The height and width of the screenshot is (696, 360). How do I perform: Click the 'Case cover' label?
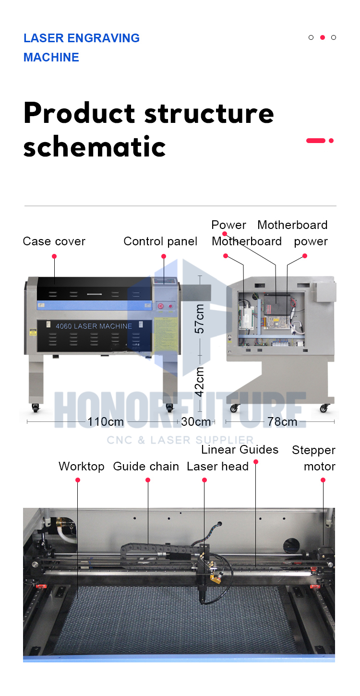(54, 241)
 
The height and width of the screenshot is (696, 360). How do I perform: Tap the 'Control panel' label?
(160, 241)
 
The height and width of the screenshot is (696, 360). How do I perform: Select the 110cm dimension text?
(106, 421)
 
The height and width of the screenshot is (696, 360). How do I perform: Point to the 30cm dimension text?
(196, 421)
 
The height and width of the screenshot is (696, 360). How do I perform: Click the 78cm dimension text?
(282, 421)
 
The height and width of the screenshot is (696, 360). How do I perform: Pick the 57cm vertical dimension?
(199, 319)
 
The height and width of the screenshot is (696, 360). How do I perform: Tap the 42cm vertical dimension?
(199, 382)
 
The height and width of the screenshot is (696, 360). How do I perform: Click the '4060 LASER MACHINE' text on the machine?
(94, 326)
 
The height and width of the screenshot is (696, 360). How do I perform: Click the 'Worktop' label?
(82, 467)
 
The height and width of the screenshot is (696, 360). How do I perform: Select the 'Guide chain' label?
(146, 467)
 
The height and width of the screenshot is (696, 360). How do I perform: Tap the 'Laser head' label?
(218, 467)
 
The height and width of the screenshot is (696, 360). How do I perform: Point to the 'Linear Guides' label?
(240, 450)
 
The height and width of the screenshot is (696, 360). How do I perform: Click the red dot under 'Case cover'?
(54, 256)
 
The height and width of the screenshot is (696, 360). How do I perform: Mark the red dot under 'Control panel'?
(164, 256)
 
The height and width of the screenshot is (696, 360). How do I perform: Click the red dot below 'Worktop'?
(78, 480)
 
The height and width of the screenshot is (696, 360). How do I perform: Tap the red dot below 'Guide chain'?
(148, 480)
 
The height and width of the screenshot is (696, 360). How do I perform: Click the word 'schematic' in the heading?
(95, 146)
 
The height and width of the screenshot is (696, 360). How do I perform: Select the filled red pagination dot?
(323, 37)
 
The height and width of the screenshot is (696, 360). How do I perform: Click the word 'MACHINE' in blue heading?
(51, 57)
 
